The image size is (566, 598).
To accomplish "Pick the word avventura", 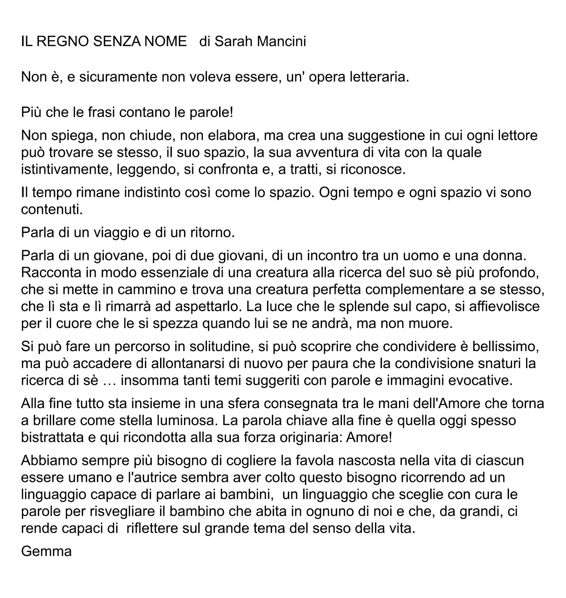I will [326, 152].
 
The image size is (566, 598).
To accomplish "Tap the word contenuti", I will [52, 209].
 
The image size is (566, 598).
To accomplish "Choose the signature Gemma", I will [46, 551].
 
